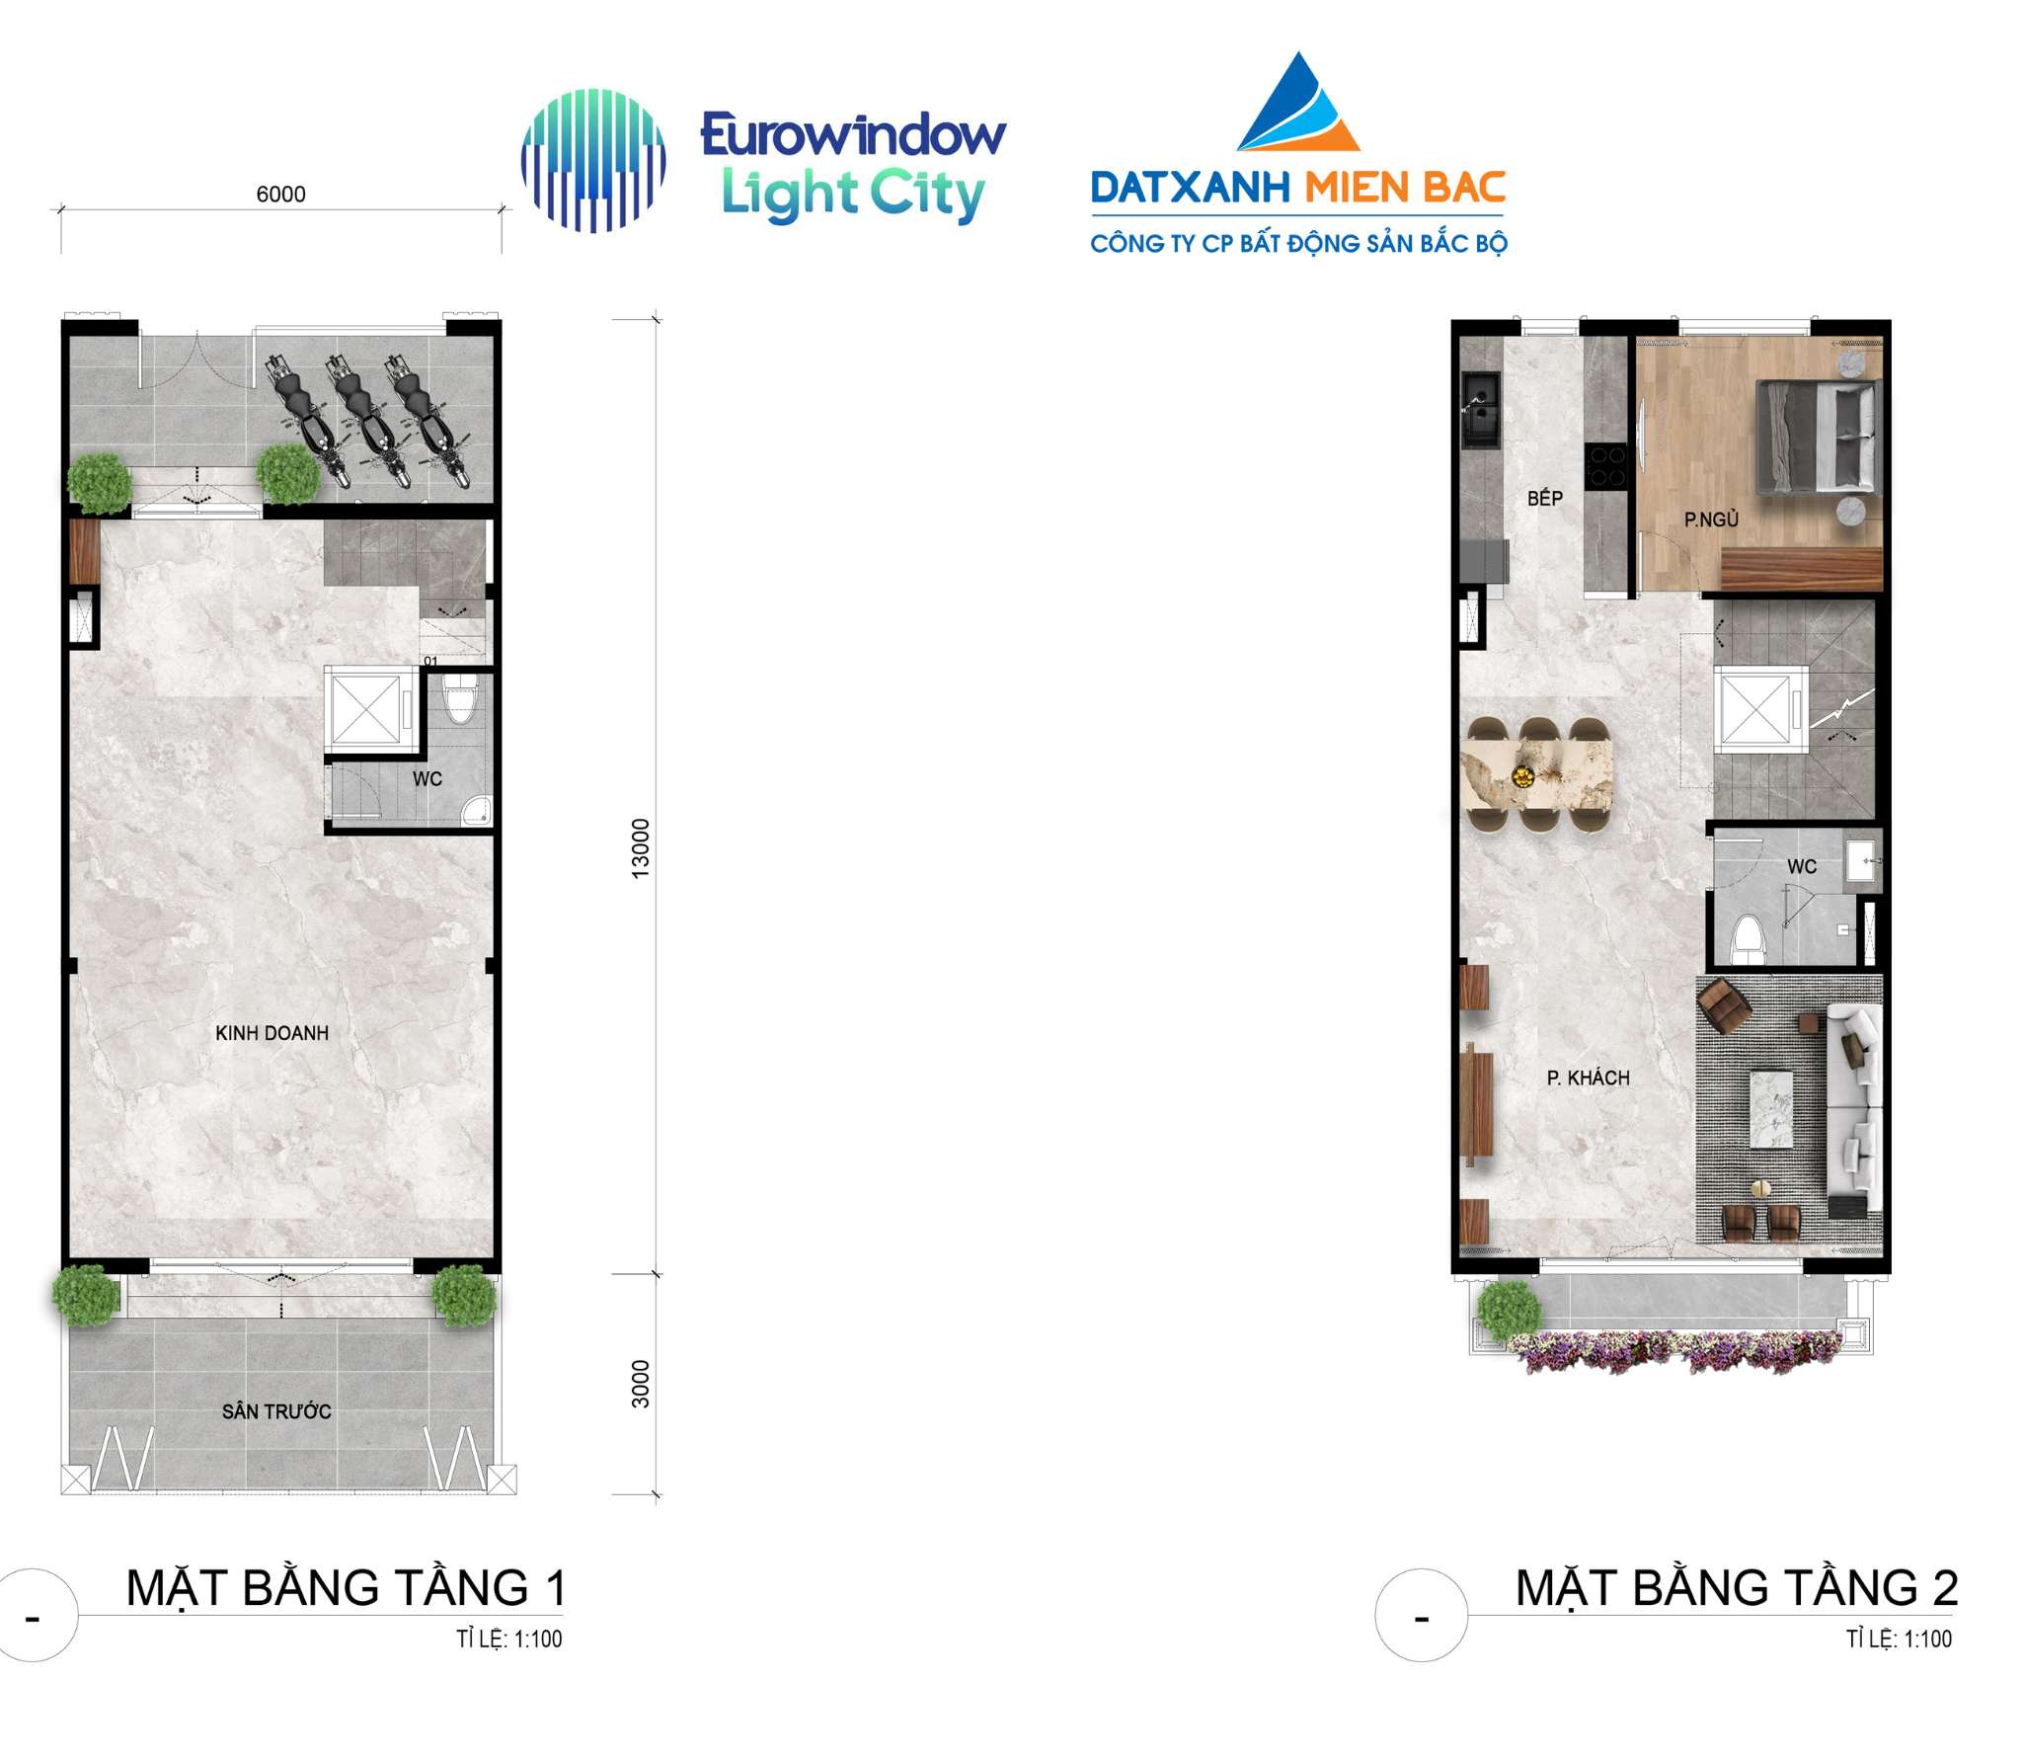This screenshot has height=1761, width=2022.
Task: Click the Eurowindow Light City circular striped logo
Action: [x=593, y=161]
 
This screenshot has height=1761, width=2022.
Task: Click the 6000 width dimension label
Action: [x=281, y=195]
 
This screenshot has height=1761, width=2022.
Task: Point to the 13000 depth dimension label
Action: [x=641, y=847]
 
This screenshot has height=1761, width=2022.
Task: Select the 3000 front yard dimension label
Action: [x=641, y=1383]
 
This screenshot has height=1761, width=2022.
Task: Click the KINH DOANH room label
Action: [x=272, y=1033]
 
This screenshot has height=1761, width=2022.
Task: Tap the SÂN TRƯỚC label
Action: [x=276, y=1410]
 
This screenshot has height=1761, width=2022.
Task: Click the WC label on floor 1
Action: [x=428, y=779]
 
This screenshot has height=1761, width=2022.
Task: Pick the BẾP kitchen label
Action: [x=1545, y=498]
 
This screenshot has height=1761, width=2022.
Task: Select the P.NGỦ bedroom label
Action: [x=1711, y=519]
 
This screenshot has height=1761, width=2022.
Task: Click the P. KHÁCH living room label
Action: [x=1588, y=1078]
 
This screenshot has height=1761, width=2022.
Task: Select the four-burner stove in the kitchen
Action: [x=1606, y=466]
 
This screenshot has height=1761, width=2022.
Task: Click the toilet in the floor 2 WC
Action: [x=1749, y=938]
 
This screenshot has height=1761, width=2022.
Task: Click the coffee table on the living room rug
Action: [x=1772, y=1108]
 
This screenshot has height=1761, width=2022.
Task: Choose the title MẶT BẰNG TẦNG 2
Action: [x=1736, y=1587]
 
